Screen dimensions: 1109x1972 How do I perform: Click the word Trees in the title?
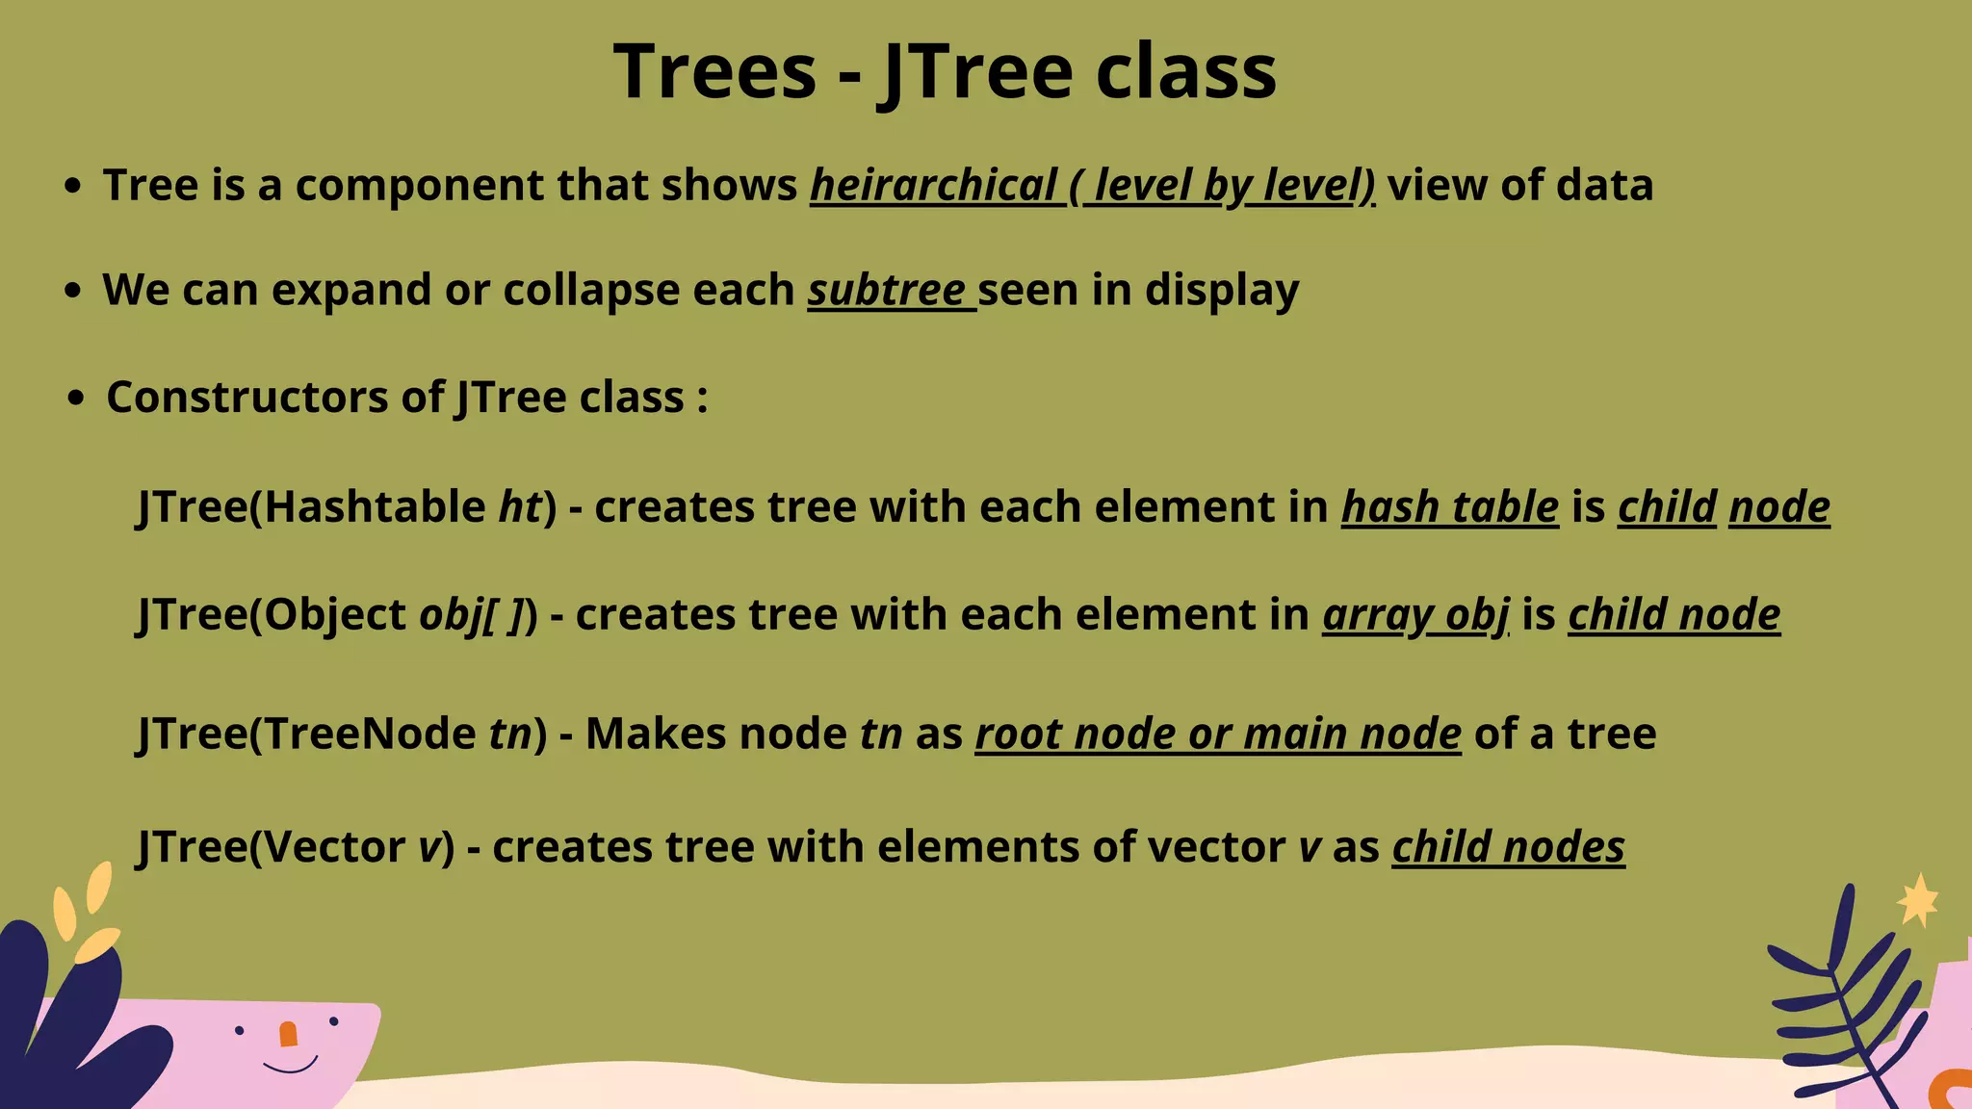point(714,72)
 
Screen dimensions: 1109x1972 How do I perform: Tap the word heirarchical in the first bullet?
point(934,185)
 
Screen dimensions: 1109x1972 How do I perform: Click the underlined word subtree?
point(887,290)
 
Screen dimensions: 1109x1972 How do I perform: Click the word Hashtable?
point(375,507)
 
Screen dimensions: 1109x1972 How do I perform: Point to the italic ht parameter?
point(521,507)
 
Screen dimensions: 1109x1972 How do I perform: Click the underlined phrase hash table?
point(1449,507)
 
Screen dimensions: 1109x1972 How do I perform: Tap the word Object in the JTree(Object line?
point(335,615)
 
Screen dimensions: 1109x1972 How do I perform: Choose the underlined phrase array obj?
point(1415,615)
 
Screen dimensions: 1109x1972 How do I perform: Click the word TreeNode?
point(370,735)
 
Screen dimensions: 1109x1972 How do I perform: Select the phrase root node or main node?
point(1218,735)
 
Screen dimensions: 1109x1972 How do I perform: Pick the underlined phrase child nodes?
point(1508,847)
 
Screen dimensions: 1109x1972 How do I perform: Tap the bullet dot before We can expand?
point(72,291)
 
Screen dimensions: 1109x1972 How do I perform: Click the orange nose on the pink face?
point(288,1035)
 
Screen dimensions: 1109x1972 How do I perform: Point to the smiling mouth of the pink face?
point(290,1067)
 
